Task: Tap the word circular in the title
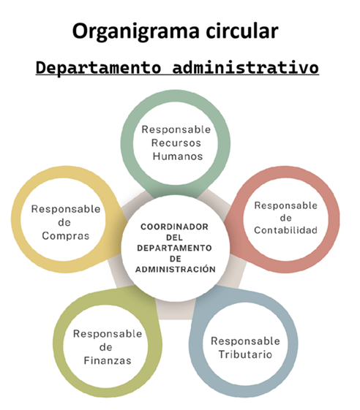click(x=242, y=31)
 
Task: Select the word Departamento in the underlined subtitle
click(x=98, y=67)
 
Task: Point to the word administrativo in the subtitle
click(x=246, y=67)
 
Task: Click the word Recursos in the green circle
click(x=176, y=143)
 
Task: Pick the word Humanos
click(x=178, y=156)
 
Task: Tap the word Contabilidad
click(x=285, y=230)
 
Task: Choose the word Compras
click(x=66, y=236)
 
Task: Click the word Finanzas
click(x=108, y=360)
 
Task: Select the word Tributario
click(x=245, y=354)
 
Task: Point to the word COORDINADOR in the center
click(x=174, y=227)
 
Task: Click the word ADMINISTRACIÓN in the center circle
click(x=176, y=269)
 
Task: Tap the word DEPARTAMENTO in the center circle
click(x=174, y=248)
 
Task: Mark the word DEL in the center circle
click(x=174, y=238)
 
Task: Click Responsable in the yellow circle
click(x=66, y=209)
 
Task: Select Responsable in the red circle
click(x=285, y=205)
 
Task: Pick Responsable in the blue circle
click(x=245, y=341)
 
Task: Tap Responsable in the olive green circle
click(x=108, y=334)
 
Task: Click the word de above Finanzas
click(x=106, y=347)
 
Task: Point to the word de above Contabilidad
click(x=285, y=218)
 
